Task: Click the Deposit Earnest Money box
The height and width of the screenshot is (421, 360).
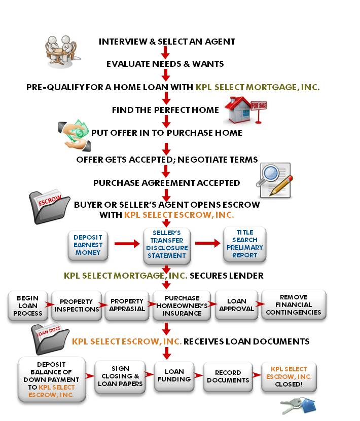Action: (x=88, y=245)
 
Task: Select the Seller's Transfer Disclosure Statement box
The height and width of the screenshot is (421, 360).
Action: (x=167, y=245)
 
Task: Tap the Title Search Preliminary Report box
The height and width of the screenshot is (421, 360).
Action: (x=245, y=244)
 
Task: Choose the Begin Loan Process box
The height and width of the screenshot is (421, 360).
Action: (x=28, y=305)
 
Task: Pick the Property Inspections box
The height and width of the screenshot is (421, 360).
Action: (x=77, y=305)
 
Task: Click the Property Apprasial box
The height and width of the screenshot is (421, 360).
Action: (x=127, y=305)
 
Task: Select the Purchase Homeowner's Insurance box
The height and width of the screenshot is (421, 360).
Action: (x=182, y=305)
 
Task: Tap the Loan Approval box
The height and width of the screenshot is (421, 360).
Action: (x=237, y=305)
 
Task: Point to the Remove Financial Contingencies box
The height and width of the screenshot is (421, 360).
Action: (x=294, y=305)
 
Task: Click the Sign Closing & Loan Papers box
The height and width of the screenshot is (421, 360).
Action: (x=120, y=376)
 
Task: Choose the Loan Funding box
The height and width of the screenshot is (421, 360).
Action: (x=174, y=376)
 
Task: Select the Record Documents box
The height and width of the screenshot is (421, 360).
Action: (x=228, y=376)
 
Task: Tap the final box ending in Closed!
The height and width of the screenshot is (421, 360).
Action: (x=289, y=377)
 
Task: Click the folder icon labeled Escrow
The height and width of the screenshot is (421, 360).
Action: (x=49, y=207)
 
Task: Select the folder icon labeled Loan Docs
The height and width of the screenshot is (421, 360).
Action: (x=50, y=339)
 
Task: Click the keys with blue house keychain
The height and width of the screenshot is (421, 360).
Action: (x=298, y=406)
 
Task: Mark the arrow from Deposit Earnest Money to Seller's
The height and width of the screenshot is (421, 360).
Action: (x=127, y=244)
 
